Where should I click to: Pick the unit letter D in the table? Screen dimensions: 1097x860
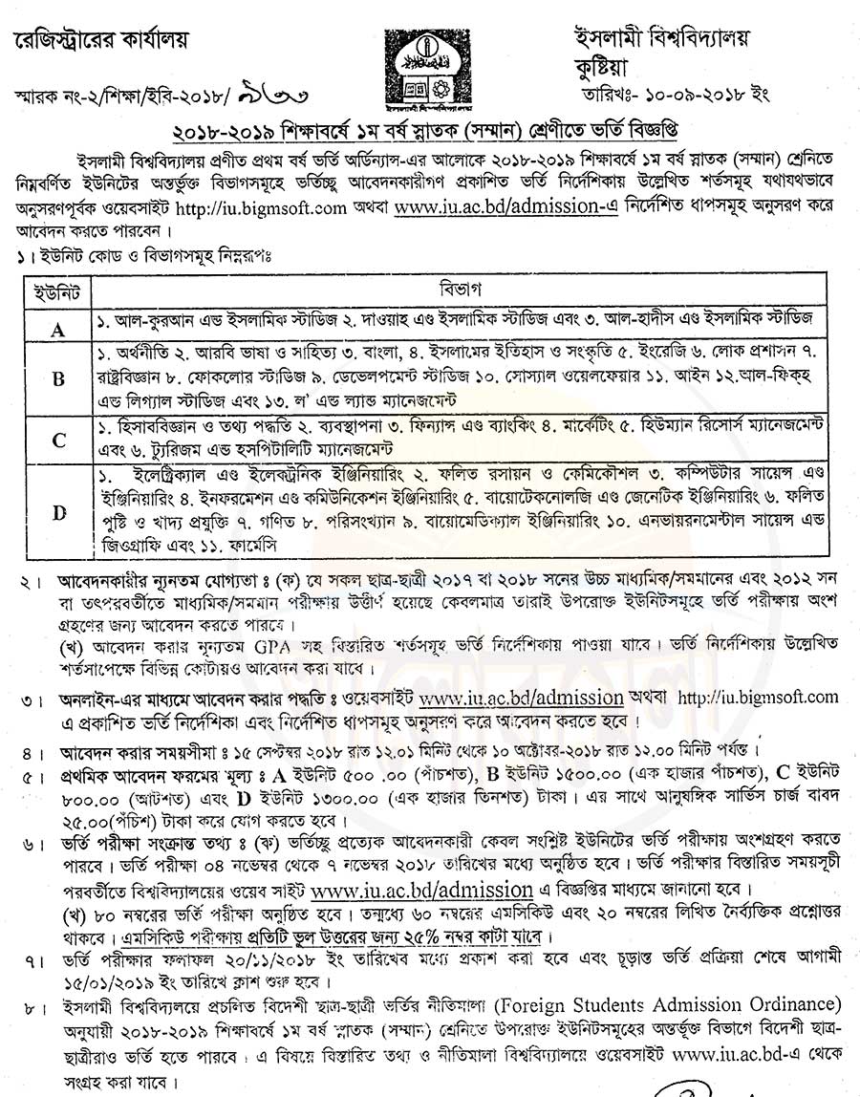pos(58,512)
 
